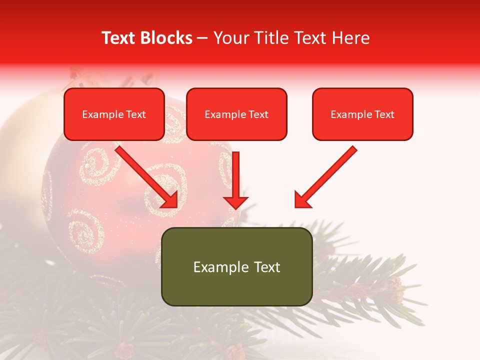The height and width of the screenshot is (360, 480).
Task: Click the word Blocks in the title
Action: pos(166,38)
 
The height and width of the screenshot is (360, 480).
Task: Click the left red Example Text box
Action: pos(114,114)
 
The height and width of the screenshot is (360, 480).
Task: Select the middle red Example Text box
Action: pos(236,114)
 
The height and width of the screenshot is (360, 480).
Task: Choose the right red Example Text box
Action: pos(362,114)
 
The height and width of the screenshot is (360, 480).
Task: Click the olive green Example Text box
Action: pos(236,266)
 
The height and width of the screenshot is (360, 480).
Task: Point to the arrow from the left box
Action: pos(145,175)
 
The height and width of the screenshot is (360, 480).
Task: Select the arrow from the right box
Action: pos(327,175)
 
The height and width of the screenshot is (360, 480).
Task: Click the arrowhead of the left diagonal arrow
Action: pos(170,199)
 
